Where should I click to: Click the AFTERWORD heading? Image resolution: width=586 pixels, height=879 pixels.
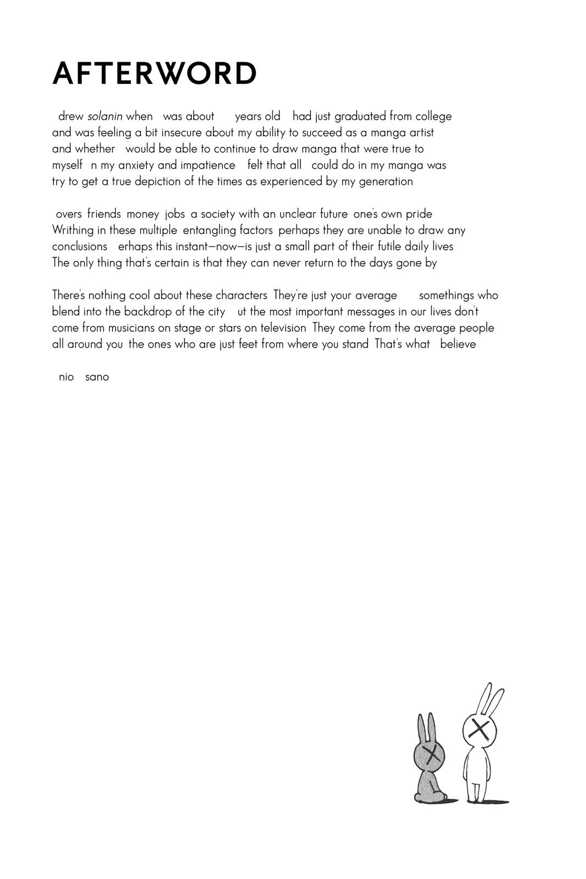point(154,73)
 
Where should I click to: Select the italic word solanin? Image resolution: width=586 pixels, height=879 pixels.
point(105,116)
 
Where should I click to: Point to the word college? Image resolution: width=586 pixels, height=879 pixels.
point(433,116)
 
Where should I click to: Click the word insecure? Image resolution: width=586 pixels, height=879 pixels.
point(181,132)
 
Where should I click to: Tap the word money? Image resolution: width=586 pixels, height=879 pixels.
point(143,214)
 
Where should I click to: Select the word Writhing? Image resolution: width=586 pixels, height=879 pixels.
point(73,230)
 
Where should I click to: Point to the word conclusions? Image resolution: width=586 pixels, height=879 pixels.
point(80,247)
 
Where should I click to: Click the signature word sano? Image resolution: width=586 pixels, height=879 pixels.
point(97,377)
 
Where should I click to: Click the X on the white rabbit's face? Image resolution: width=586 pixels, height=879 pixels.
point(480,730)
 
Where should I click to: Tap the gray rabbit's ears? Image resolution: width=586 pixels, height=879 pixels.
point(426,728)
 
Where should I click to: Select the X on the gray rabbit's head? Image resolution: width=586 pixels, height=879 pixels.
point(432,754)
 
